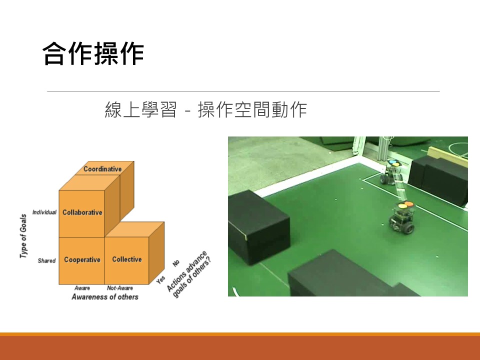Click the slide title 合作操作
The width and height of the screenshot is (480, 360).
coord(93,54)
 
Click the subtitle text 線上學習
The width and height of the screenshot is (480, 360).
coord(141,109)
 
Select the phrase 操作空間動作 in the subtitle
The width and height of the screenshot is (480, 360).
coord(252,109)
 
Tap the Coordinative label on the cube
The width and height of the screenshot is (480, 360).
coord(102,169)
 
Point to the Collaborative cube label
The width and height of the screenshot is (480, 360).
coord(82,212)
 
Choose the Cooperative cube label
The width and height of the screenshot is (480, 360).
coord(82,260)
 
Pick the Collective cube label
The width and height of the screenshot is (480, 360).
coord(127,259)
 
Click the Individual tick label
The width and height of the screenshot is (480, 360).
coord(44,212)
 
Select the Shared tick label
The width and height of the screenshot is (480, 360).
coord(46,260)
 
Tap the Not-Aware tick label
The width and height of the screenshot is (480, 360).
coord(120,288)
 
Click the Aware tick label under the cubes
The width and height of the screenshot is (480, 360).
coord(82,288)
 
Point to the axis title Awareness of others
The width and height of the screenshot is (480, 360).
coord(105,297)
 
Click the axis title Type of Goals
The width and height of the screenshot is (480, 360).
coord(23,236)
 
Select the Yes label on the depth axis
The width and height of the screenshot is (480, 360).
coord(160,279)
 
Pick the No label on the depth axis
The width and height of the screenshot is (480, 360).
coord(176,263)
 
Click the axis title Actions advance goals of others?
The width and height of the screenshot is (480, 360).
coord(189,274)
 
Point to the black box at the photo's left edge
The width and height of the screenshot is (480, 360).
coord(258,227)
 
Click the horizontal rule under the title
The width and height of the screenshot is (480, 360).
coord(243,91)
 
